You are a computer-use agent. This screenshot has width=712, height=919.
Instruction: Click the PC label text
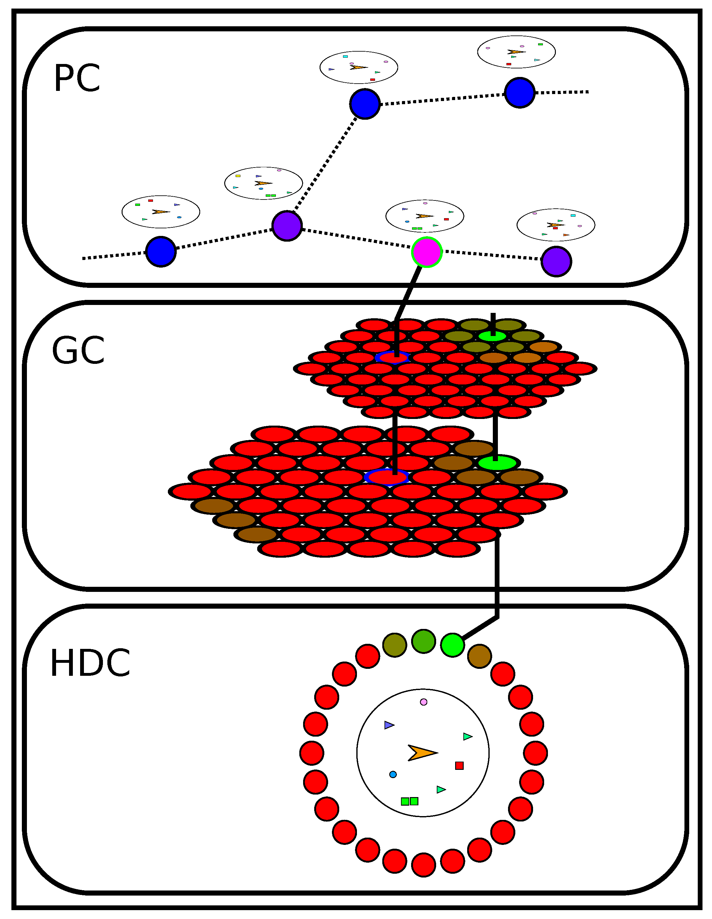[x=77, y=78]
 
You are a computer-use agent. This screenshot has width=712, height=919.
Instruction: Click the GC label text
[x=78, y=351]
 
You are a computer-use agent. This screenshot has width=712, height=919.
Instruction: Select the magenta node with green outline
[x=427, y=252]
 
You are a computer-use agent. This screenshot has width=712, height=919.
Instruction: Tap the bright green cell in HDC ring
[x=452, y=645]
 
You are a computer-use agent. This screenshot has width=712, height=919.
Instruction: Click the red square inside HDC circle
[x=459, y=765]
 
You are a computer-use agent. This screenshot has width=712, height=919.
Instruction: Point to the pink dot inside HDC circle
[x=423, y=702]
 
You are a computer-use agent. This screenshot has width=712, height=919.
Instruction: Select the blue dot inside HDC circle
[x=393, y=774]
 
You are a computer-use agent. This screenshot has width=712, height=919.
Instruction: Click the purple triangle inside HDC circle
[x=388, y=725]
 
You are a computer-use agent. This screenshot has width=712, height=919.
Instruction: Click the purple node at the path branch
[x=287, y=226]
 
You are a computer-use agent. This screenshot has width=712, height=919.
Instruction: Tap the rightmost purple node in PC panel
[x=556, y=261]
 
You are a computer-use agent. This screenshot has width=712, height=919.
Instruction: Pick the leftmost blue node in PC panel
[x=161, y=252]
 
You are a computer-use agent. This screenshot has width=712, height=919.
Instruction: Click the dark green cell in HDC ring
[x=423, y=641]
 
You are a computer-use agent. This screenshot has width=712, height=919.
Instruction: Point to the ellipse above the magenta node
[x=425, y=216]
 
